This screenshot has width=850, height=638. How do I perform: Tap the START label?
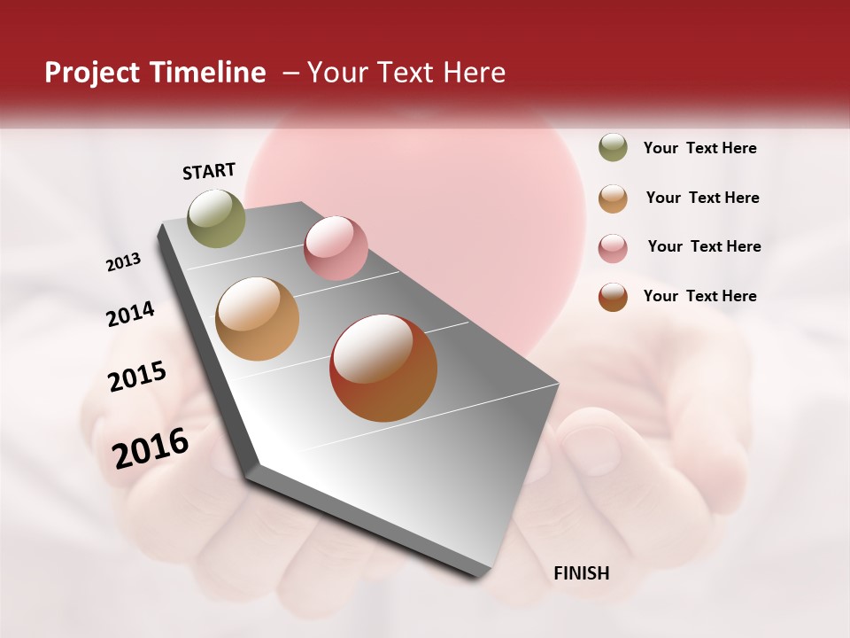[209, 171]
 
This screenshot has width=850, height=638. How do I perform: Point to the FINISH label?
[582, 573]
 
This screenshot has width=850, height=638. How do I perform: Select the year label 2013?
[123, 262]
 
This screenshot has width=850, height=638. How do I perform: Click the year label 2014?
[130, 315]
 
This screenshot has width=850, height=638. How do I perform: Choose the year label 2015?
[137, 377]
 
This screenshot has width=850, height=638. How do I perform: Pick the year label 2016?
[151, 448]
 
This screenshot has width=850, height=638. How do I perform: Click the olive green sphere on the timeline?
[217, 218]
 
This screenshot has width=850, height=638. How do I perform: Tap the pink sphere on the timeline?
[336, 248]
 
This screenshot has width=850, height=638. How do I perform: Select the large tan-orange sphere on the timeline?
[257, 319]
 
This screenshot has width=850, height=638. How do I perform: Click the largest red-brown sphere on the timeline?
[383, 367]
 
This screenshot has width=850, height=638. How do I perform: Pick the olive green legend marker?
[613, 147]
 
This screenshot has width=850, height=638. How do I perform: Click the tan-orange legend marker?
[613, 198]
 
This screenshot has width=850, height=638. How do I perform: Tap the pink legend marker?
[613, 248]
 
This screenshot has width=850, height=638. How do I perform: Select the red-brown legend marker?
[613, 297]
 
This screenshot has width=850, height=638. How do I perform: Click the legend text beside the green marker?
[699, 148]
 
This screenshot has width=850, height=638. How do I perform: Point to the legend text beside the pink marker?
[704, 246]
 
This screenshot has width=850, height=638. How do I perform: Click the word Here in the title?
[474, 73]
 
